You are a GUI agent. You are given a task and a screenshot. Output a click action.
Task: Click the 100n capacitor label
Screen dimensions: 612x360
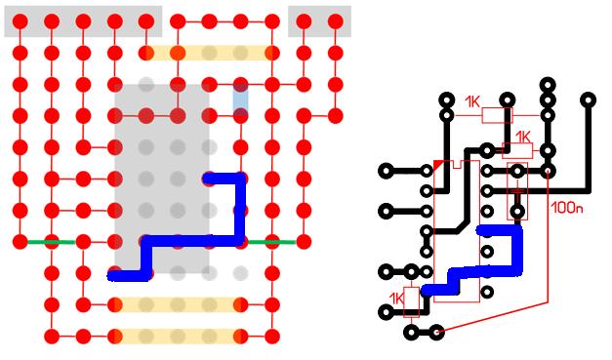(567, 208)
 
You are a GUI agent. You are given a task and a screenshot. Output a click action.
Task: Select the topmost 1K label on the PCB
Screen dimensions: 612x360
(472, 102)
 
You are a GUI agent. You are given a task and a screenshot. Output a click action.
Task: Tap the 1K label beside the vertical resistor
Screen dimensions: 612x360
(396, 299)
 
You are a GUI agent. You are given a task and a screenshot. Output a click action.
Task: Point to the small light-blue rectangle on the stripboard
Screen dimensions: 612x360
(240, 100)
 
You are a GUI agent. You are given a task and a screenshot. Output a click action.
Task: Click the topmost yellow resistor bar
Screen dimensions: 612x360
(209, 53)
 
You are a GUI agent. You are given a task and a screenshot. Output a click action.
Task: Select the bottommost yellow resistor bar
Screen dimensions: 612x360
(178, 336)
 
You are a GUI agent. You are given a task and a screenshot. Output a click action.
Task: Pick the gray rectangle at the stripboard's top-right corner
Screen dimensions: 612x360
(319, 21)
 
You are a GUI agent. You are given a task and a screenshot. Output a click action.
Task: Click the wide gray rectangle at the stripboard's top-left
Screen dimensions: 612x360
(83, 21)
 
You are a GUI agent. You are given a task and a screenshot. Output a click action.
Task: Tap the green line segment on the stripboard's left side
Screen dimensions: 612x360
(51, 242)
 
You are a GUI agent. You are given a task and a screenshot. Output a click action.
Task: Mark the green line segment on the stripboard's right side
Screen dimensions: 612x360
(272, 242)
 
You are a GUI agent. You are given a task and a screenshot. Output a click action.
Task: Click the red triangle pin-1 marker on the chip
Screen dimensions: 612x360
(438, 165)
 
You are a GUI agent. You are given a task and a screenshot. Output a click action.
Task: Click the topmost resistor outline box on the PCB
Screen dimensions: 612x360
(497, 115)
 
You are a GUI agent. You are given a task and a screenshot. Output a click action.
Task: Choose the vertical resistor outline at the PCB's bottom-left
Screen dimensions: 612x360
(411, 301)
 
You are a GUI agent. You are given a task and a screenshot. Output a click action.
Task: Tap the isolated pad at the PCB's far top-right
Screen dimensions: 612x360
(589, 100)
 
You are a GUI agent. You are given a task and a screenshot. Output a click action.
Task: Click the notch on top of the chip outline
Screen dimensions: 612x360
(457, 165)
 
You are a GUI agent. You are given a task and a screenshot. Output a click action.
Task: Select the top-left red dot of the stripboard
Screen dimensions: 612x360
(20, 21)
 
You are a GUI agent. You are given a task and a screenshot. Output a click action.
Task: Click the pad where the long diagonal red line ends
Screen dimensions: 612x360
(436, 333)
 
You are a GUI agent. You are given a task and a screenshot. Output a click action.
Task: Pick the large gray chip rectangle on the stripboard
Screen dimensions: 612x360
(162, 179)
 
